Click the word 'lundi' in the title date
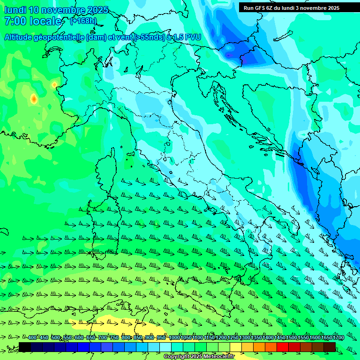point(15,10)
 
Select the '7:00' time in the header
point(15,21)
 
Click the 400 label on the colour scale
point(32,338)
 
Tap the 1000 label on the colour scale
point(174,338)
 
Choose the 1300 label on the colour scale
point(245,338)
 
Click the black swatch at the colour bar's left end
point(25,347)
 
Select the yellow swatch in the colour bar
point(236,347)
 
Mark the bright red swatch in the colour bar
point(283,347)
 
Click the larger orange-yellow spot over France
point(34,99)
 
